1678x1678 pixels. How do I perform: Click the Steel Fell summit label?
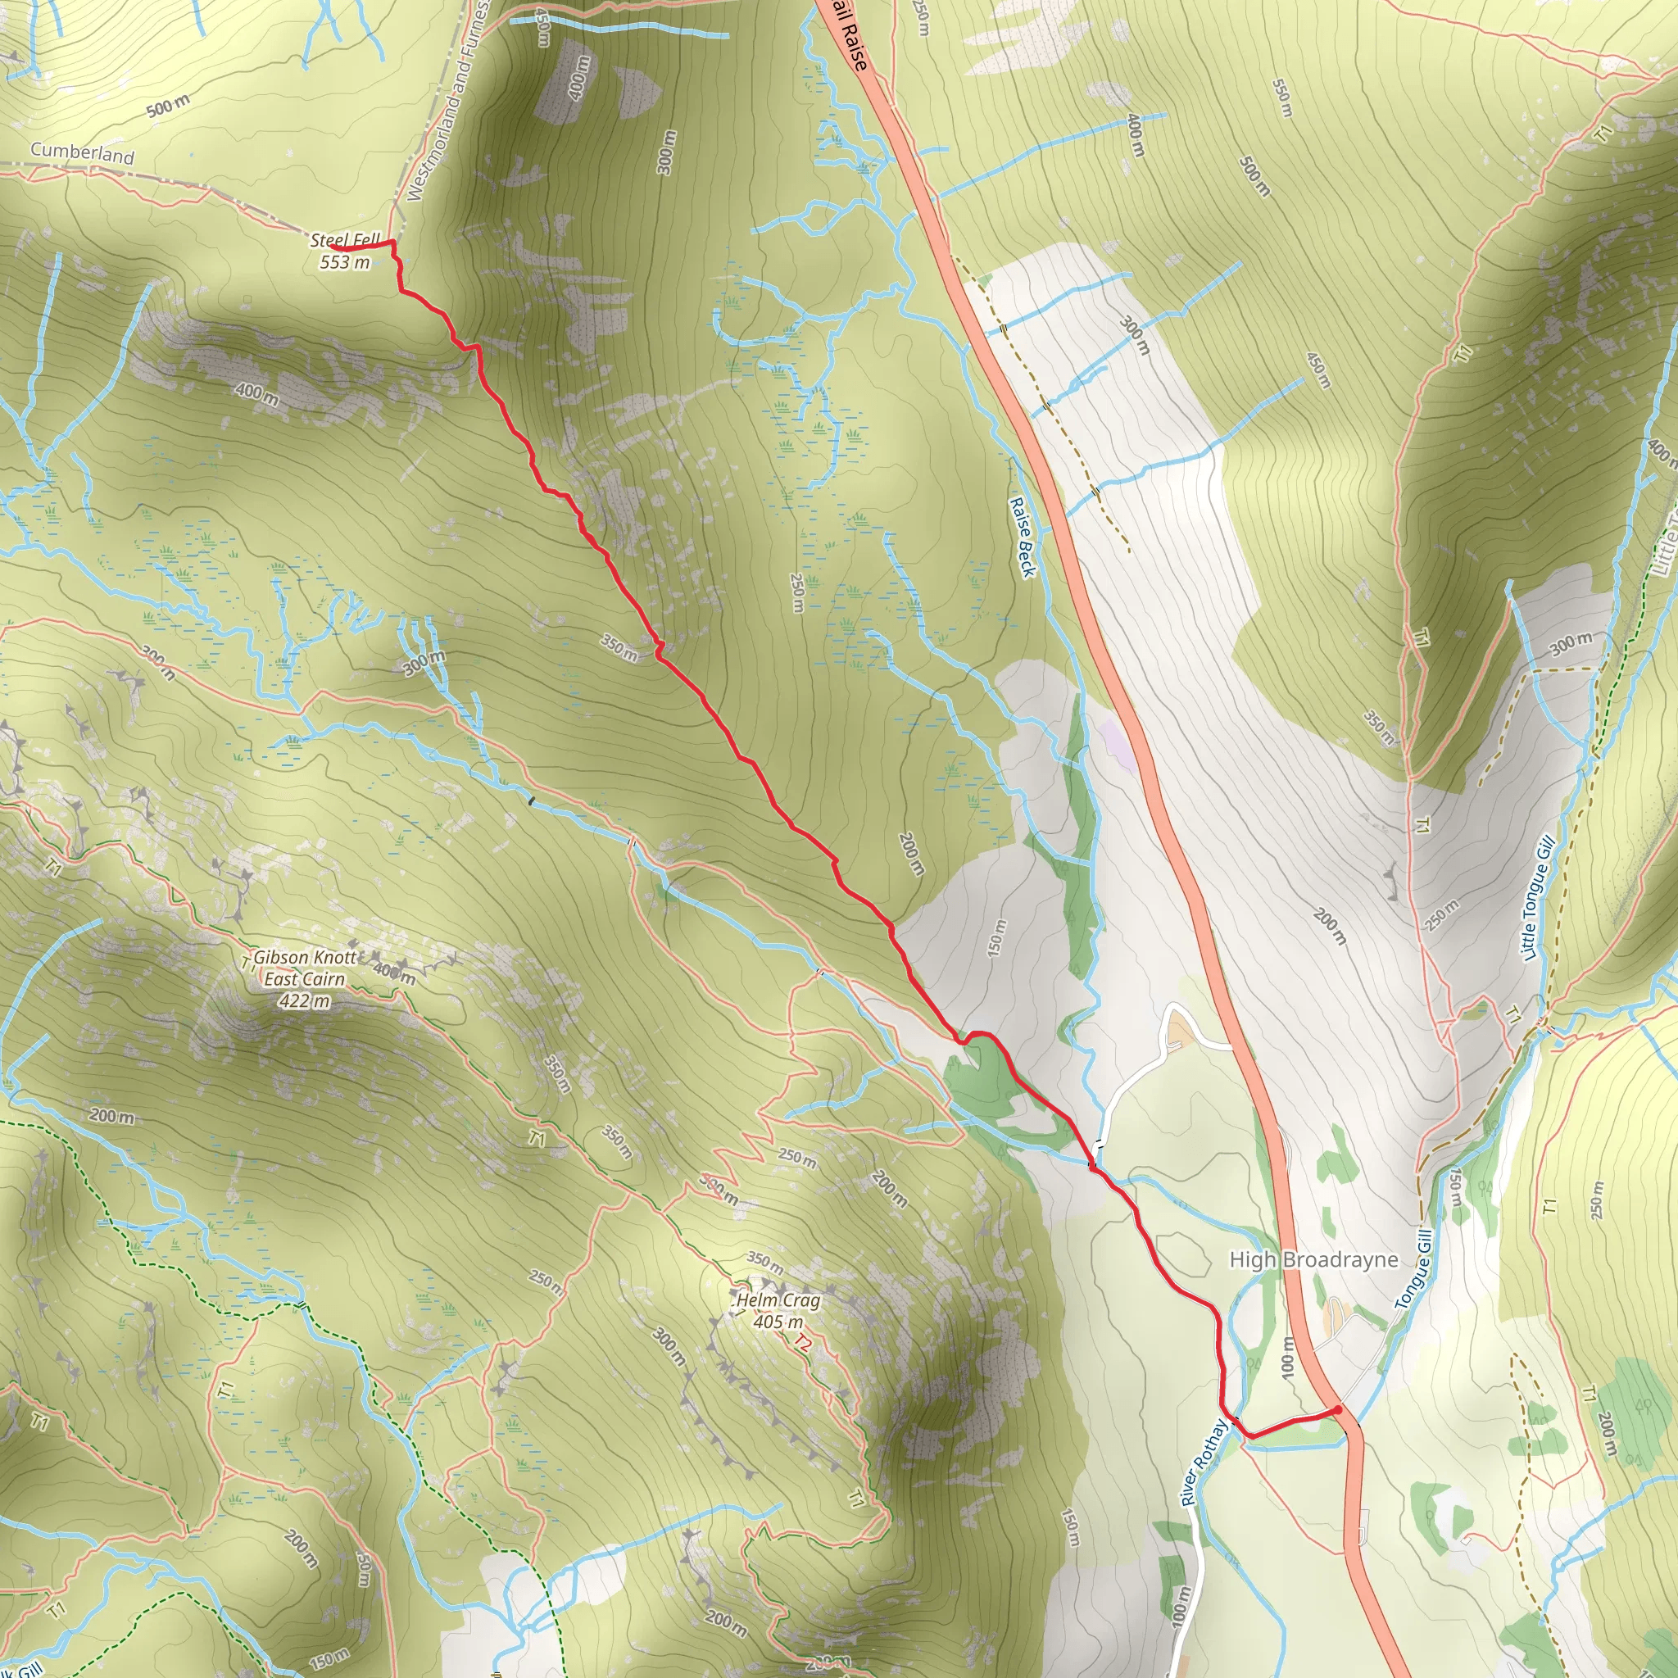click(344, 241)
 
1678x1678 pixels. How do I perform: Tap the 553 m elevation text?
click(344, 262)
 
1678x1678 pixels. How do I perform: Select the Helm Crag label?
click(778, 1300)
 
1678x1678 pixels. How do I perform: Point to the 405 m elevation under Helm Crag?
click(778, 1322)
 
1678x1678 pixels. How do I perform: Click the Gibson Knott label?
click(305, 957)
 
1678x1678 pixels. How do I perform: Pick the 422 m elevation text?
click(305, 1001)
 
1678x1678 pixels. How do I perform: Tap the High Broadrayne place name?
click(1313, 1259)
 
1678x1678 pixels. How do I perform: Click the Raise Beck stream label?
click(1023, 537)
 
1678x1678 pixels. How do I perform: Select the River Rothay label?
click(1204, 1462)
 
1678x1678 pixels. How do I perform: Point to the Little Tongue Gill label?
click(1536, 898)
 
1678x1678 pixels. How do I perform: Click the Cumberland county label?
click(83, 153)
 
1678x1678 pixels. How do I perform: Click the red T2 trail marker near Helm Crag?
click(801, 1344)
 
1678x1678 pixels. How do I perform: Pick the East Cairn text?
click(305, 980)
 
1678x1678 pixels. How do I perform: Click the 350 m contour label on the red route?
click(619, 647)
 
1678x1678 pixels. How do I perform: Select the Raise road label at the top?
click(848, 37)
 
